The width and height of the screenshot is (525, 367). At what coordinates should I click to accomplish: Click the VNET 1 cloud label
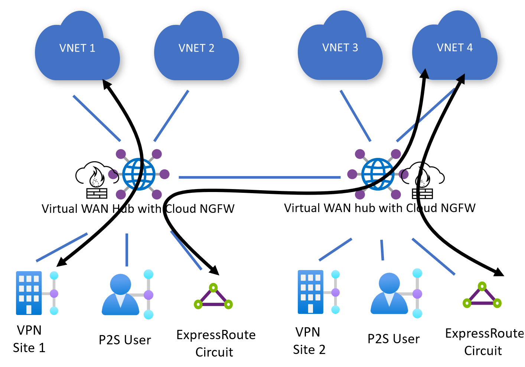tap(77, 48)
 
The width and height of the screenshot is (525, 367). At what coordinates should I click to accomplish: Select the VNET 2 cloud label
tap(196, 48)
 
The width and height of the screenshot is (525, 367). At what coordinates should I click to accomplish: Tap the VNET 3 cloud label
tap(340, 48)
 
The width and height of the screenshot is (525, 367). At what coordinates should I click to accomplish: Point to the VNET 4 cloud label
tap(454, 48)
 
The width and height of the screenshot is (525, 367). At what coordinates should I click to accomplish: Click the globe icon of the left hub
tap(138, 174)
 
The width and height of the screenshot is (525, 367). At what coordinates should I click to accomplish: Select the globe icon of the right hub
tap(378, 174)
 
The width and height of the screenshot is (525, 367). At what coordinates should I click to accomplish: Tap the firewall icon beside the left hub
tap(95, 180)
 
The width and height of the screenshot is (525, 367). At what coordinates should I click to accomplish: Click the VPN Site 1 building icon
tap(29, 293)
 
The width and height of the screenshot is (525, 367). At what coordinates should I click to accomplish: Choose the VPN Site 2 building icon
tap(310, 292)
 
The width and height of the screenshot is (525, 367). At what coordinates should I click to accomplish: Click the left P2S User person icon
tap(121, 295)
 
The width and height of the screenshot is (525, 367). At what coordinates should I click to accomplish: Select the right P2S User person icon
tap(389, 293)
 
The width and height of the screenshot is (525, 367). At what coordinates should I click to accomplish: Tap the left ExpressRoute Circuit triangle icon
tap(213, 297)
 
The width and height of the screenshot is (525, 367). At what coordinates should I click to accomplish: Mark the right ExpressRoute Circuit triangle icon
tap(482, 296)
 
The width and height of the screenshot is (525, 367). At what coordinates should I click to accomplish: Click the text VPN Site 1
tap(29, 339)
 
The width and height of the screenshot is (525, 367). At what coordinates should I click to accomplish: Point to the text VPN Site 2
tap(309, 341)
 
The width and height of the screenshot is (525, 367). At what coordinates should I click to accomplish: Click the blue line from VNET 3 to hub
tap(355, 116)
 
